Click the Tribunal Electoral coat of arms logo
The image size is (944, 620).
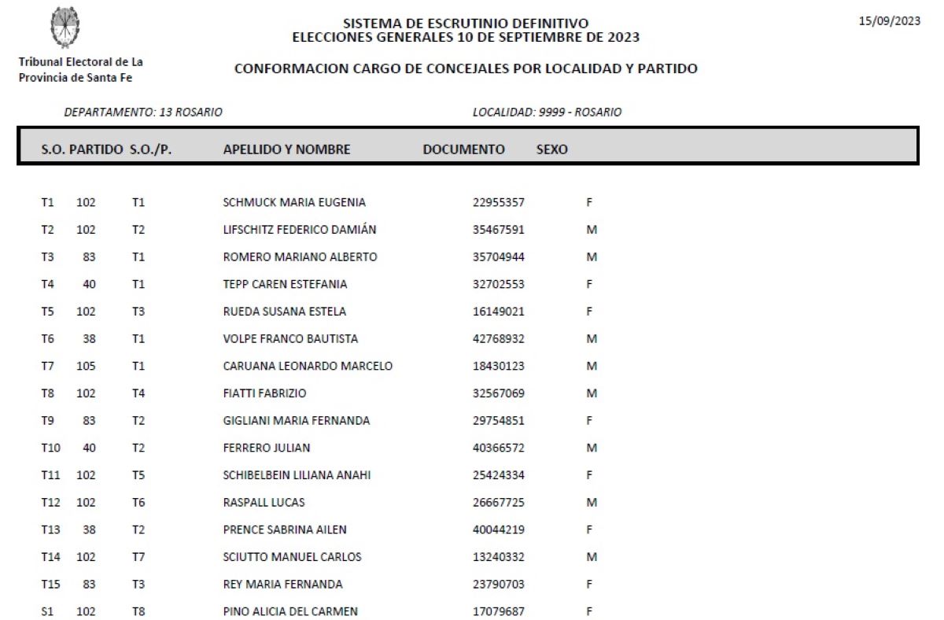(x=65, y=27)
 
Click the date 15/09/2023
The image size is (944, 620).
(x=889, y=21)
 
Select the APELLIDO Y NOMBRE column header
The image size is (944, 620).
(x=286, y=149)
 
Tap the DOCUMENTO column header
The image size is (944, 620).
(x=463, y=149)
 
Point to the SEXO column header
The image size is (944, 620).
(x=551, y=149)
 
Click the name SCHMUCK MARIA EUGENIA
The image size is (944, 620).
(x=294, y=202)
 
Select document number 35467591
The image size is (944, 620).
(x=498, y=230)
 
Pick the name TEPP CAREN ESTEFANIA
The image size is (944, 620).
(x=285, y=284)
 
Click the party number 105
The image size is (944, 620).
(x=86, y=366)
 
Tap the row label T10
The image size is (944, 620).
(x=50, y=448)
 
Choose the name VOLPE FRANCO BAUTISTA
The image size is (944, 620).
(x=290, y=339)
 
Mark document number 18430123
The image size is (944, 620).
(x=498, y=366)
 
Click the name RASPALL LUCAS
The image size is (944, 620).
(x=264, y=502)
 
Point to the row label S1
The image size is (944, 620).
(x=47, y=611)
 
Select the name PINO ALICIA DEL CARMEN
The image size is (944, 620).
(x=290, y=611)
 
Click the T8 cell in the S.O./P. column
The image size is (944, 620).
(x=138, y=611)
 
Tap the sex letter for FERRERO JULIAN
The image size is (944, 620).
(x=592, y=448)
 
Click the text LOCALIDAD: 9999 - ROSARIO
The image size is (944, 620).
(x=547, y=113)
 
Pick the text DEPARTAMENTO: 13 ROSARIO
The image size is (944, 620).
(x=142, y=113)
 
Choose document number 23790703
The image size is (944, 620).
(x=498, y=584)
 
